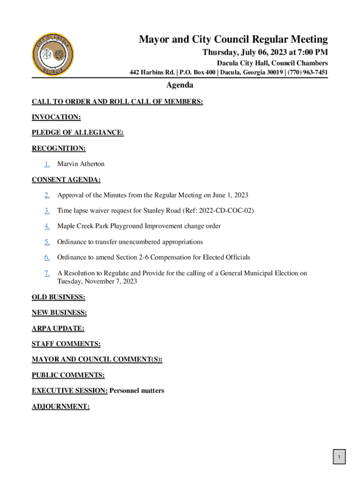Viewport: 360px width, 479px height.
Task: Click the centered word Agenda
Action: point(180,85)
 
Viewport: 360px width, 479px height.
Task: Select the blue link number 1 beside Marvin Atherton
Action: point(47,164)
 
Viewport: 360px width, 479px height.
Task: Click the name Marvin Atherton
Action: point(81,164)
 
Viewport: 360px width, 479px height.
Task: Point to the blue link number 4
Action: point(47,226)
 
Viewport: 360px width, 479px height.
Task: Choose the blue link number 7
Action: point(47,273)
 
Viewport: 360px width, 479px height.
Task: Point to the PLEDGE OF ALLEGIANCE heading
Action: point(78,133)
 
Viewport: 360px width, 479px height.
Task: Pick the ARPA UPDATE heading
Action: point(58,328)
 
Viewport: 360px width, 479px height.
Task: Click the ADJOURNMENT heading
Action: point(61,406)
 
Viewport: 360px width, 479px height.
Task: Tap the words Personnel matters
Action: point(137,391)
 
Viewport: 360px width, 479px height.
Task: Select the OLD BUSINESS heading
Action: point(58,297)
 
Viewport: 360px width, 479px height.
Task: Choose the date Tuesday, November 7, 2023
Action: point(97,282)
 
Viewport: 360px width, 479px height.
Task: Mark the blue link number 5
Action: point(47,242)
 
